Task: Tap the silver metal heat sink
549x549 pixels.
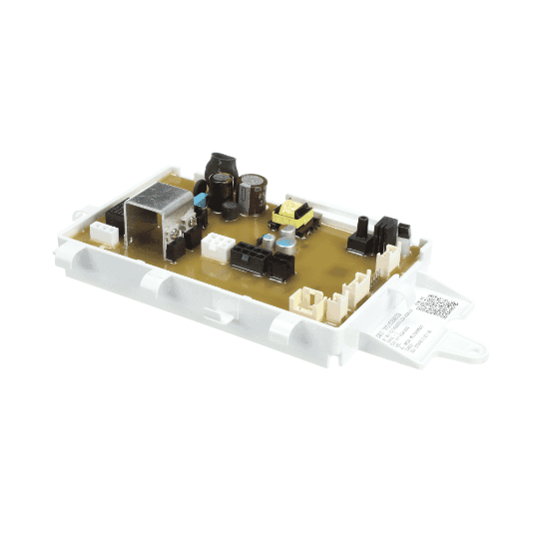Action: pos(159,219)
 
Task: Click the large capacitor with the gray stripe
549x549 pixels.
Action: pos(252,193)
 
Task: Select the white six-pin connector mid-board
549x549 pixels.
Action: pos(217,247)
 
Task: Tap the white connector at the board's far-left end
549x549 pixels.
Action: pos(103,232)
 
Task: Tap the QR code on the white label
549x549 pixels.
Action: pos(434,304)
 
